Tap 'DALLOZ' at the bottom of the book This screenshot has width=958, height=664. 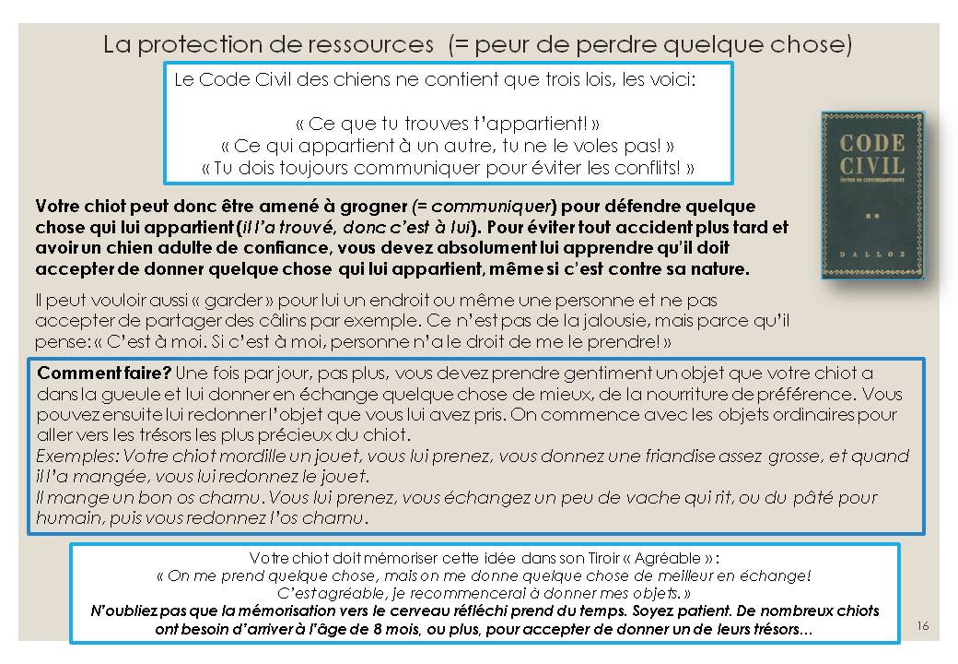point(872,250)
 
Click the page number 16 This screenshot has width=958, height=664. point(922,626)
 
